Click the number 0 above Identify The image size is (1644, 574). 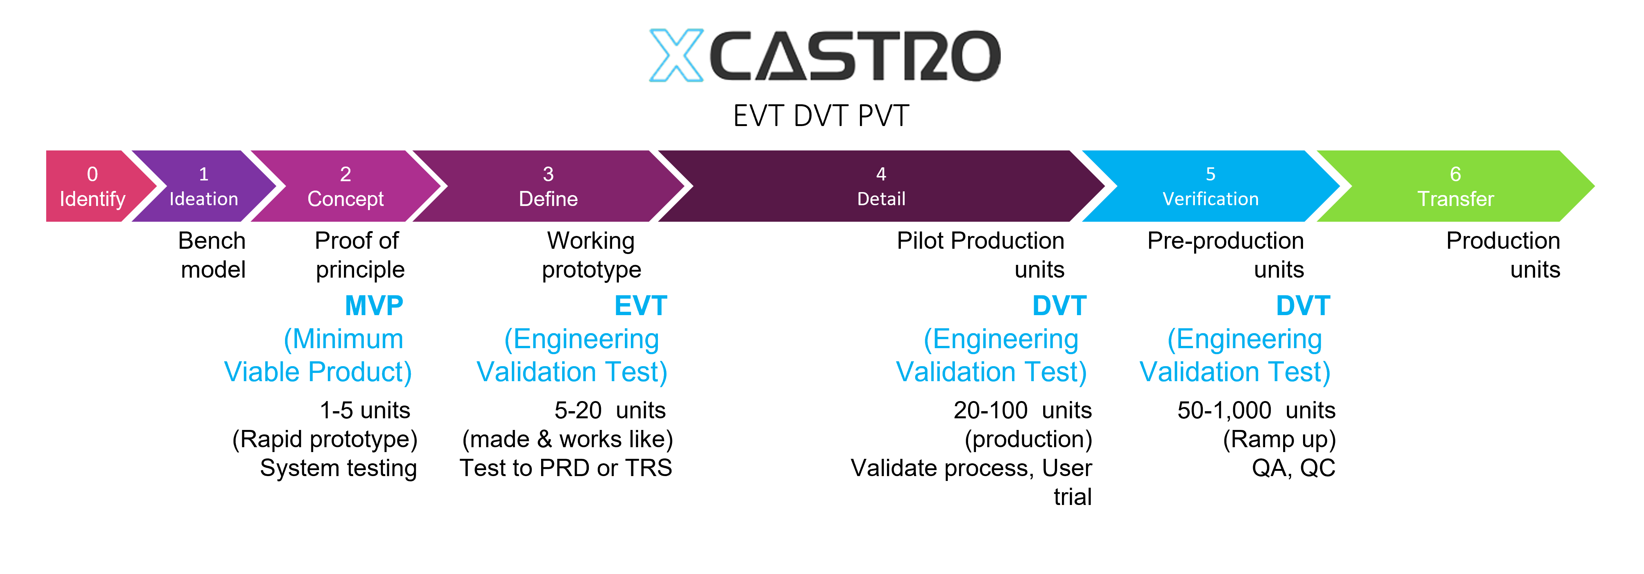point(92,174)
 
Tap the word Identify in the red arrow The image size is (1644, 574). point(92,199)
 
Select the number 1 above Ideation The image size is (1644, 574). point(204,174)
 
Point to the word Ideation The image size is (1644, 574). point(204,199)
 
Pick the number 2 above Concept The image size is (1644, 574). point(345,174)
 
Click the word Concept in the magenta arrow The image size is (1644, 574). point(345,199)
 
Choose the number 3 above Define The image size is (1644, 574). point(548,174)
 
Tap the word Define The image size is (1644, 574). point(548,199)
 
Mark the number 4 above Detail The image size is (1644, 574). point(881,174)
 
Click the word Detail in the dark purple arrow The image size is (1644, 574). point(881,199)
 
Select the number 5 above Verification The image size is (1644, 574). point(1210,174)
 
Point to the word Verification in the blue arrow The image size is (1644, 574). point(1210,199)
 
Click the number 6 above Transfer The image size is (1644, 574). point(1455,174)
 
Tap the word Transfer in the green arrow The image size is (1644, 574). point(1455,199)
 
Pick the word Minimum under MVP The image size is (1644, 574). point(348,339)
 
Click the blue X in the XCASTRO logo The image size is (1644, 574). point(677,56)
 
